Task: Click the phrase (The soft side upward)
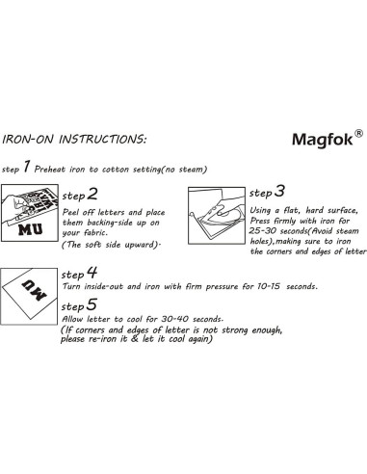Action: pyautogui.click(x=112, y=246)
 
